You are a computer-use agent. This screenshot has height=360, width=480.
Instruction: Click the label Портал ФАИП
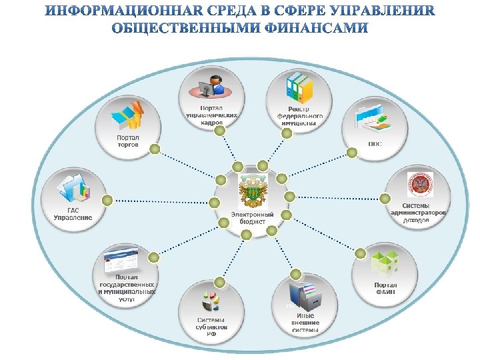click(x=385, y=288)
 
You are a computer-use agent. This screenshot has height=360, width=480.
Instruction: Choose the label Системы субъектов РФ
click(x=211, y=325)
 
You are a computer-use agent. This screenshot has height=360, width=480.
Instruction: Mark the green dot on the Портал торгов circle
click(x=154, y=149)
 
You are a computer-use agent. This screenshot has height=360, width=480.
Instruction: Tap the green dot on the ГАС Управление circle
click(x=107, y=199)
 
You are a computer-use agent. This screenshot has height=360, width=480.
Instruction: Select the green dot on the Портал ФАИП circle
click(x=360, y=253)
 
